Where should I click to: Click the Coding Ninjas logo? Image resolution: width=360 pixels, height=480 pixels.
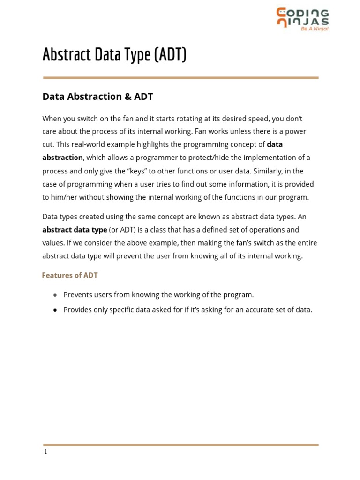click(302, 18)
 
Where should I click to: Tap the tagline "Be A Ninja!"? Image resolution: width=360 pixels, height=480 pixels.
click(315, 29)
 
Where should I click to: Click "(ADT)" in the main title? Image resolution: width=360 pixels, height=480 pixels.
click(170, 55)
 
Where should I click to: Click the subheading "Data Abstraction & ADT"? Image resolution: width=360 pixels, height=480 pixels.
click(97, 97)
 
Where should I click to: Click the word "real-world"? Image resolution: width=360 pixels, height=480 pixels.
click(95, 145)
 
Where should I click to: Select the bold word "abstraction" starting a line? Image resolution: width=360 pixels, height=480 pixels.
click(62, 158)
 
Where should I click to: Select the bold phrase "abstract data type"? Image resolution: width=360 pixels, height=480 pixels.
click(75, 230)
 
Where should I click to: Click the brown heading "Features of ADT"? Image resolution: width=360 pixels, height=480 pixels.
click(70, 275)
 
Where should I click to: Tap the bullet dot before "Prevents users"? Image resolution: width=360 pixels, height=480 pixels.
click(55, 295)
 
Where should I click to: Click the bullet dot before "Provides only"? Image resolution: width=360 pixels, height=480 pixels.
click(55, 310)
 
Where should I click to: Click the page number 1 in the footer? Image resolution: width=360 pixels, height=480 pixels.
click(45, 452)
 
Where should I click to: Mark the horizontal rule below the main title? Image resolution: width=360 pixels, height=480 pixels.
click(180, 78)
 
